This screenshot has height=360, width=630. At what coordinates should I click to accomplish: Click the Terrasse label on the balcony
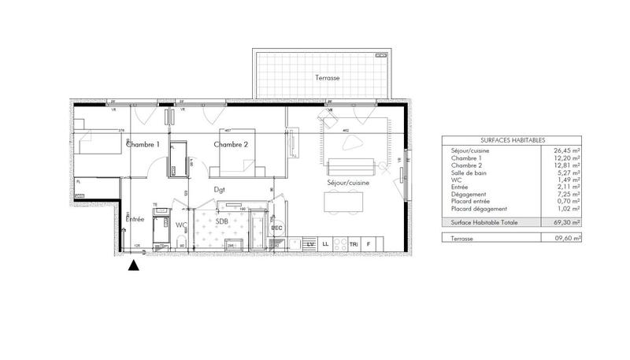coord(328,80)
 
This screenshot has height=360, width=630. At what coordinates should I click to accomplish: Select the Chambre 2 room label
coord(231,145)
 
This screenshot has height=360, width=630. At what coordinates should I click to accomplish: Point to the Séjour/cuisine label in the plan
coord(348,183)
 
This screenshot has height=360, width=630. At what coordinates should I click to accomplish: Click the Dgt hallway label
coord(220,191)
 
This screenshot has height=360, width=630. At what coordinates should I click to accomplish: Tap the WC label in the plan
coord(181,225)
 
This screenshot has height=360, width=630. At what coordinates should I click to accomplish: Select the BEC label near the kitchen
coord(276,228)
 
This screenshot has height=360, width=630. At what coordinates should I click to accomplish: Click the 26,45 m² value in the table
coord(565,150)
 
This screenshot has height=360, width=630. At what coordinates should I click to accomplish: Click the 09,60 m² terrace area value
coord(565,238)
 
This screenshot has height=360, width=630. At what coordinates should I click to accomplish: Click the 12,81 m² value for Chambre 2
coord(565,165)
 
